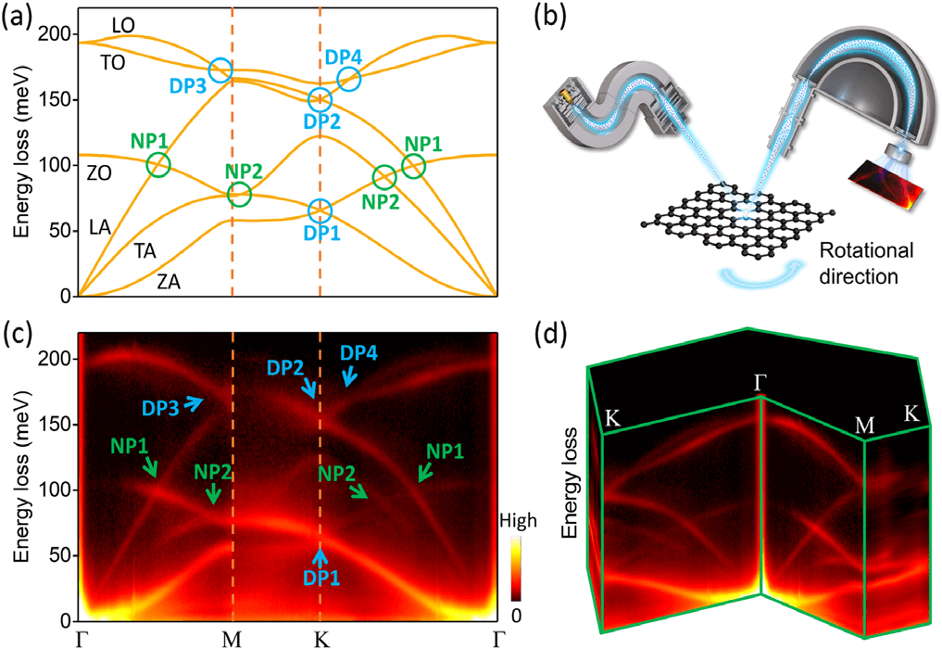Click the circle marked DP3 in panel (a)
pos(220,70)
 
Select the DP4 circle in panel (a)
pos(348,80)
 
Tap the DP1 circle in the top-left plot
pos(320,210)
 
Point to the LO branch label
pos(124,25)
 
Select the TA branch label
pos(145,249)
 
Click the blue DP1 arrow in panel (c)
pos(320,556)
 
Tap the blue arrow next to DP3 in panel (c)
pos(195,401)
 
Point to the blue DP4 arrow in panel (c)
pos(349,376)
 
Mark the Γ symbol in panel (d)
pos(762,381)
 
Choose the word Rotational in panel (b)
pos(865,251)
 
